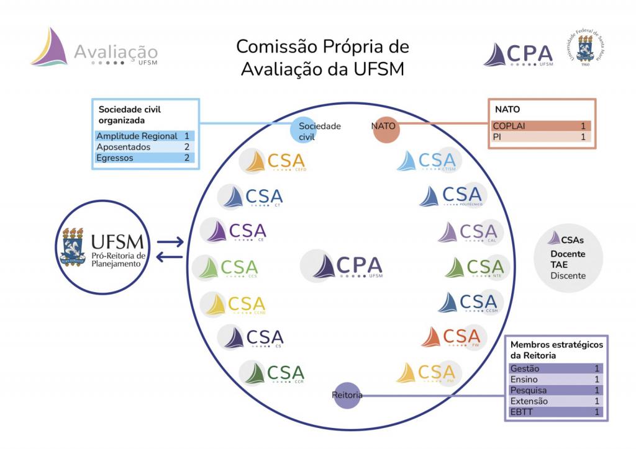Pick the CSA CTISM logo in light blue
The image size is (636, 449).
click(x=430, y=161)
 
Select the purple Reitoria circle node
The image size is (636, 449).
click(x=347, y=395)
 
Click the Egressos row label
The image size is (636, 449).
click(x=114, y=158)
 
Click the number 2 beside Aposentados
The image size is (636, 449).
click(x=186, y=147)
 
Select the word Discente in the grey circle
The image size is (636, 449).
click(x=568, y=275)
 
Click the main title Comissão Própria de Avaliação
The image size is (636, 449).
click(x=322, y=58)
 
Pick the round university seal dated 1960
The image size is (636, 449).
click(x=584, y=48)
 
